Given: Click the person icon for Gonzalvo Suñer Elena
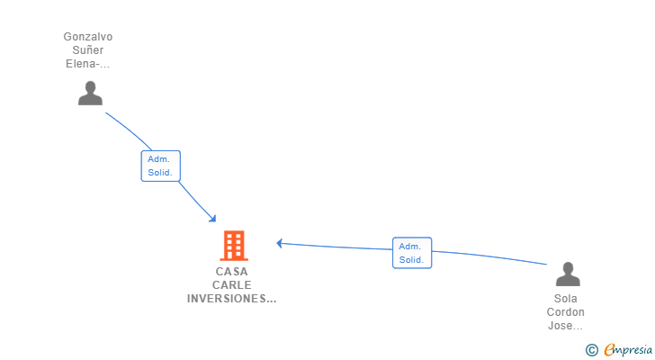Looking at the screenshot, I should [90, 94].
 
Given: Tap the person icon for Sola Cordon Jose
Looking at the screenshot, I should [568, 274].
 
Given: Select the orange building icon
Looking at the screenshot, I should [233, 245].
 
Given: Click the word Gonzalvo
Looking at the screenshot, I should [88, 37].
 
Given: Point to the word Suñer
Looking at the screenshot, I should [88, 50].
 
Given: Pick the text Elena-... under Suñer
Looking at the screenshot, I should [88, 64].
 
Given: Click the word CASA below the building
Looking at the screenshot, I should [232, 271].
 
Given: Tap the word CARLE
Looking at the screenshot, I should [232, 284].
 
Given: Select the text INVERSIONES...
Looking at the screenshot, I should [231, 298].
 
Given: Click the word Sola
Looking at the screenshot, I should [566, 299].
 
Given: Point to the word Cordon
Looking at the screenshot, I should [566, 312].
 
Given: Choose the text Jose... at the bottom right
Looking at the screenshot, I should [566, 326].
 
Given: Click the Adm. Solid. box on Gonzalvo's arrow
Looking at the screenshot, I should [161, 166].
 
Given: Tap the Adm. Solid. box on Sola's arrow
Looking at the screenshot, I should [412, 253].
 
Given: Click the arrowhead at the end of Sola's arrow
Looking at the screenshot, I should [280, 242].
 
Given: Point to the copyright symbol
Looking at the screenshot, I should [591, 350].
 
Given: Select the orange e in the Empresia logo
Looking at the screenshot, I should [609, 350].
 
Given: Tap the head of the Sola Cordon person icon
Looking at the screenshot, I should [568, 267].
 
